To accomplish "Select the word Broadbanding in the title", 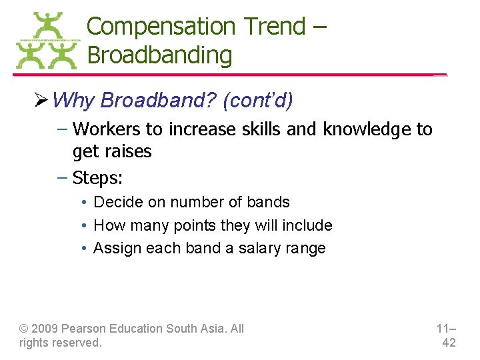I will pyautogui.click(x=159, y=55).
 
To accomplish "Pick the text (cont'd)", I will pyautogui.click(x=258, y=100).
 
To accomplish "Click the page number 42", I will pyautogui.click(x=449, y=343).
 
